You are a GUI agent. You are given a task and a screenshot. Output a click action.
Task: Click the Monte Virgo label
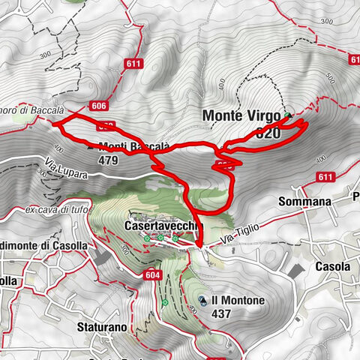point(242,116)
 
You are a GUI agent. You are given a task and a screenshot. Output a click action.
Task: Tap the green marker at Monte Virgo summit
point(287,115)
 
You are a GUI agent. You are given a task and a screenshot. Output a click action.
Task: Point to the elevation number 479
point(109,160)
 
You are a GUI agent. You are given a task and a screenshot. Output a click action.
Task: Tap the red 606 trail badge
point(99,106)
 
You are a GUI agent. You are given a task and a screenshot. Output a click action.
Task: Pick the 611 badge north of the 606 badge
point(134,64)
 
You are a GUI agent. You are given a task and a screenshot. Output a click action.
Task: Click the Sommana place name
point(304,202)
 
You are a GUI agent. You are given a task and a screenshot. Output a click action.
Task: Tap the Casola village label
point(333,266)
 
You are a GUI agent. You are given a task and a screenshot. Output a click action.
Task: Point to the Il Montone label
point(238,300)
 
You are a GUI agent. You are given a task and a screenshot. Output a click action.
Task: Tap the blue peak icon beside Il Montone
point(202,301)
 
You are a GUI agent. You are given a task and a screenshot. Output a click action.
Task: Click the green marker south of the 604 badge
point(164,303)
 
